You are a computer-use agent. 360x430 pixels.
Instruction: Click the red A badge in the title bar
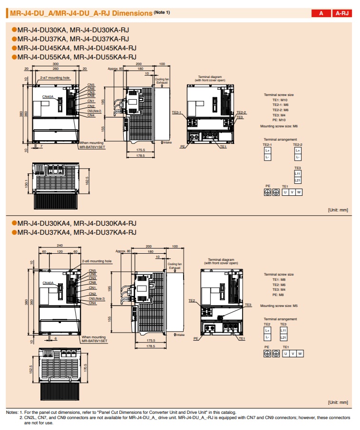pyautogui.click(x=321, y=13)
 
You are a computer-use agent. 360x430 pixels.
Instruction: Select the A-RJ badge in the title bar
pyautogui.click(x=342, y=13)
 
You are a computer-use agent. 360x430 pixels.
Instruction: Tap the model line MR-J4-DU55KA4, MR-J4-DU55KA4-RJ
pyautogui.click(x=77, y=57)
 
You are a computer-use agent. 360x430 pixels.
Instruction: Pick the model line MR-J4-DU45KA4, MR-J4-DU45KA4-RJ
pyautogui.click(x=77, y=48)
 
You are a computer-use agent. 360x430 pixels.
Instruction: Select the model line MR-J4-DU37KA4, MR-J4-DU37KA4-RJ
pyautogui.click(x=77, y=232)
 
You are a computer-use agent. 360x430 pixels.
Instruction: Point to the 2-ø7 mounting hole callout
pyautogui.click(x=55, y=77)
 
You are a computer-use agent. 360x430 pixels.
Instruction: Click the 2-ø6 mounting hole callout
pyautogui.click(x=97, y=261)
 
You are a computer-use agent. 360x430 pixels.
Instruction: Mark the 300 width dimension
pyautogui.click(x=56, y=64)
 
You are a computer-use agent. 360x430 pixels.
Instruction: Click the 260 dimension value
pyautogui.click(x=56, y=69)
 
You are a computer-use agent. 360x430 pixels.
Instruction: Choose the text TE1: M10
pyautogui.click(x=280, y=100)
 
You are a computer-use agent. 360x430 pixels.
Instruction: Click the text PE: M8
pyautogui.click(x=278, y=295)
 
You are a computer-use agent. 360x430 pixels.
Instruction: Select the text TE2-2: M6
pyautogui.click(x=280, y=110)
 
